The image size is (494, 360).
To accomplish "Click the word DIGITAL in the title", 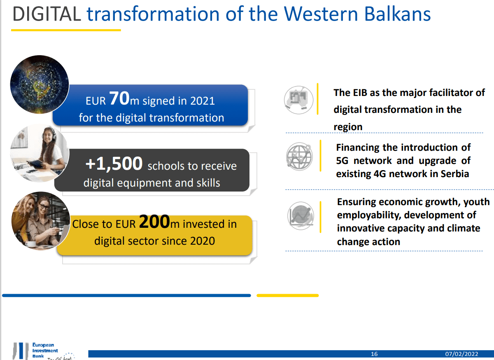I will coord(46,14).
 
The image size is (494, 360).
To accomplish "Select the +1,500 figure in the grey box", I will coord(114,164).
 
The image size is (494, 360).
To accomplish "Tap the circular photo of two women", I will coord(40,221).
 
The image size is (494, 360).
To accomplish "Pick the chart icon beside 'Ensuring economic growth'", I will coord(301,215).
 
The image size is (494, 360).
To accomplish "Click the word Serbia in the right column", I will coord(454,174).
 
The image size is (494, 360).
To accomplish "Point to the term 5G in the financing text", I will coord(343,161).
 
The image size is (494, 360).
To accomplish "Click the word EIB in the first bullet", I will coord(360,93).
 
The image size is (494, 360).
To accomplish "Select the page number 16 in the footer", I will coord(374,354).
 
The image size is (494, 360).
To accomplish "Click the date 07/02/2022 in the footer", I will coord(461,354).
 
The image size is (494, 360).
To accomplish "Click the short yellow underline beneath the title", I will coord(66,30).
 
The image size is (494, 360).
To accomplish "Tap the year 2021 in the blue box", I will coord(202,101).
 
